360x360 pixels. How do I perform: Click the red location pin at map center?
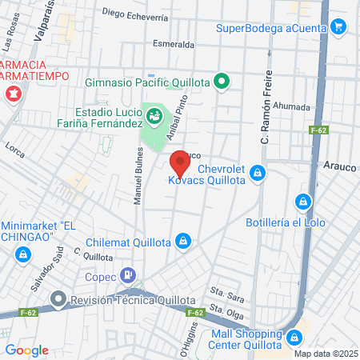180,163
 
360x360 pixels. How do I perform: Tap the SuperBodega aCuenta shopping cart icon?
338,27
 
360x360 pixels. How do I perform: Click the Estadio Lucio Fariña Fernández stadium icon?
154,115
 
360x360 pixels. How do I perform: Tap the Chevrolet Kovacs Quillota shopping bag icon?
257,172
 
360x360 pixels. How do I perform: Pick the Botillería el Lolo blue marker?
302,202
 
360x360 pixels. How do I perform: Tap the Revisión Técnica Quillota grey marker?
58,300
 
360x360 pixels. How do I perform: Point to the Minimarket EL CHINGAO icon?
22,254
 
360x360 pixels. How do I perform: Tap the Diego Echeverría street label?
135,15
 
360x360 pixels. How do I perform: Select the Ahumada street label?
291,105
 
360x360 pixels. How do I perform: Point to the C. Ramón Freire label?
266,117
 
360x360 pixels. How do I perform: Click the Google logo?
27,350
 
